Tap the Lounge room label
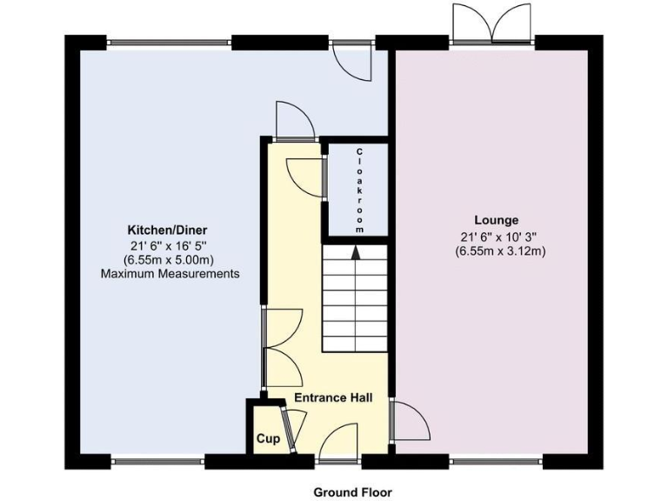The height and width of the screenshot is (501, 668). coord(497,220)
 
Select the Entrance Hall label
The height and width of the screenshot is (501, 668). coord(333,398)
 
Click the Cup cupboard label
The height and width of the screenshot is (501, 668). coord(267,439)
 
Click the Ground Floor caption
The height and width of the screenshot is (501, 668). coord(353,491)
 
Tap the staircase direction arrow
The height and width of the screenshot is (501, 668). coord(355,253)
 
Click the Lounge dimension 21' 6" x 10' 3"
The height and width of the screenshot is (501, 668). coord(497,237)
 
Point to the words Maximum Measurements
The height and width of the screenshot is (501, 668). coord(170,274)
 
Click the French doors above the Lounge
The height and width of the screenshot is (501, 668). coord(492,23)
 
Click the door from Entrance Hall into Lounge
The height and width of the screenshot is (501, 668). coord(410,422)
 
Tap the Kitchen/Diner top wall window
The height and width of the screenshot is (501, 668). coord(170,40)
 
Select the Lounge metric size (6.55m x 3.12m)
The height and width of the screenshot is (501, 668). coord(497,251)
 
